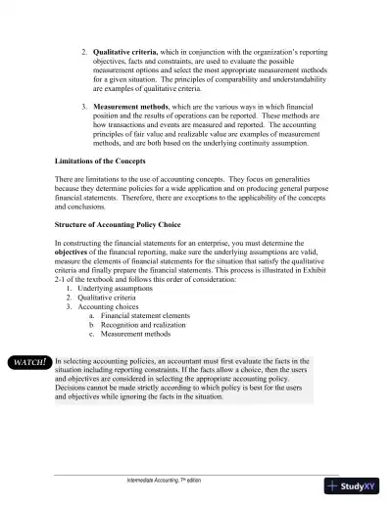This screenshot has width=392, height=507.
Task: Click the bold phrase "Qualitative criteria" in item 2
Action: [127, 50]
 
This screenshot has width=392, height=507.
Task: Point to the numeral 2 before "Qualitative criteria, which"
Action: [84, 50]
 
